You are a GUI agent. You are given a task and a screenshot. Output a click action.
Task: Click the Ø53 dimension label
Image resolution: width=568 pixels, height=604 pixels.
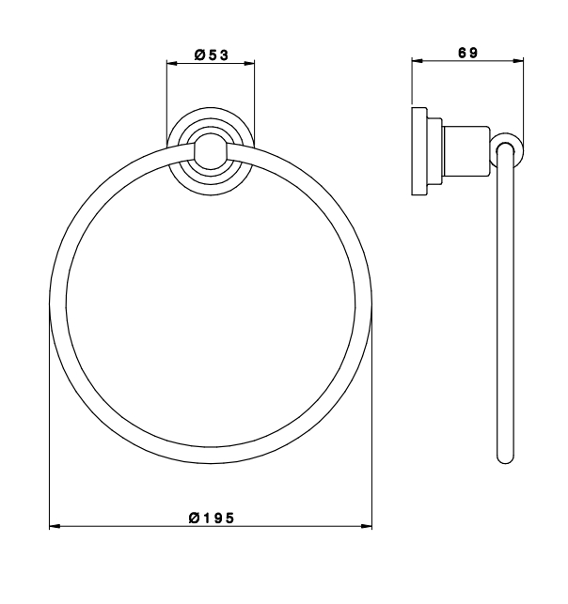(212, 55)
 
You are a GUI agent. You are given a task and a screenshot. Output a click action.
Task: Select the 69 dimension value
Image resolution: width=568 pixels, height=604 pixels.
(467, 53)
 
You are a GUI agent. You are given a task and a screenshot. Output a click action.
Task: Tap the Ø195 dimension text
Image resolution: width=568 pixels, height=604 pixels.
(212, 518)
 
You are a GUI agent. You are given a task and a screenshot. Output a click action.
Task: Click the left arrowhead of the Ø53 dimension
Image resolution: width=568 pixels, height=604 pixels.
(171, 64)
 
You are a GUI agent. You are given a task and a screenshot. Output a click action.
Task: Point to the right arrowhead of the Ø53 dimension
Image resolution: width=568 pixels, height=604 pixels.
(249, 64)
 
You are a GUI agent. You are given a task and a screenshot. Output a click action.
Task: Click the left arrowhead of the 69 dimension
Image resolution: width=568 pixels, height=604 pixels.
(418, 60)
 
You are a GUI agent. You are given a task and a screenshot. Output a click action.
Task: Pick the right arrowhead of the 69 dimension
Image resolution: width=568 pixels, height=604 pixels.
(518, 60)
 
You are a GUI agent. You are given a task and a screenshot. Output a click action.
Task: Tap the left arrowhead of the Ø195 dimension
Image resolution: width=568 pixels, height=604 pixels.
(55, 526)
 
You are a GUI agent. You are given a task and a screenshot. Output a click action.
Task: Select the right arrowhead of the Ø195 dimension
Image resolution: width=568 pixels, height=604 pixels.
(367, 526)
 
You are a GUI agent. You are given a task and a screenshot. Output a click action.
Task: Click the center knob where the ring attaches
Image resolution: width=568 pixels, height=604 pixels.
(211, 151)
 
